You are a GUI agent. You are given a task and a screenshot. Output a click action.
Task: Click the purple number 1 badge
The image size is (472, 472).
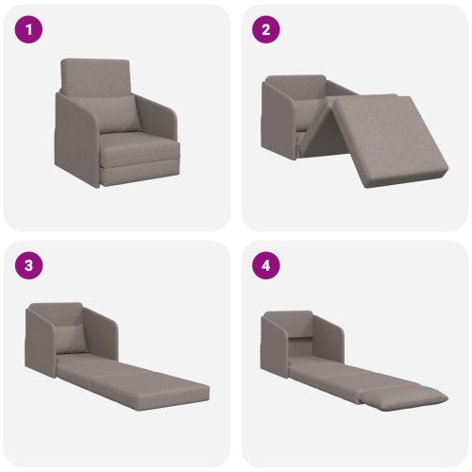tap(28, 29)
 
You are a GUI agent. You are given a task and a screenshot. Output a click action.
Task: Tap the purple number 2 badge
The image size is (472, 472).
tap(266, 29)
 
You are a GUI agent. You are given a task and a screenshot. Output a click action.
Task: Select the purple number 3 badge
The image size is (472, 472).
tap(28, 265)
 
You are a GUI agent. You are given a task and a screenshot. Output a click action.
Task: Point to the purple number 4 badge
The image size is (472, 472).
tap(266, 265)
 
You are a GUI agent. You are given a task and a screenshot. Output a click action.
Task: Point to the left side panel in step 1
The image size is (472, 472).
tap(76, 139)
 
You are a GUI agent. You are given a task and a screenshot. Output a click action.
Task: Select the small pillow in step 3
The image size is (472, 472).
tap(71, 338)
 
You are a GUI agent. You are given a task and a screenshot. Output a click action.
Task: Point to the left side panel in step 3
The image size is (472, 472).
tap(41, 342)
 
